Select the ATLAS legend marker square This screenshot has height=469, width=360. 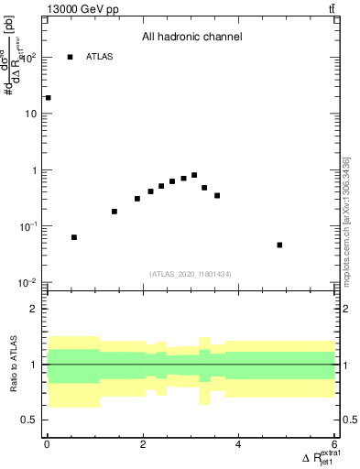coord(70,58)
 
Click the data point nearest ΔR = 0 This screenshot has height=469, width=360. coord(48,98)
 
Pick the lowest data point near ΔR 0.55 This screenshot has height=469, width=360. coord(74,237)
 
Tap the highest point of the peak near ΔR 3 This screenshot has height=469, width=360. coord(194,175)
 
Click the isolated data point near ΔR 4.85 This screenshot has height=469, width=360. coord(279,245)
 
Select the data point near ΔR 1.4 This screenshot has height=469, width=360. coord(115,212)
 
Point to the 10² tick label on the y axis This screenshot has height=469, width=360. coord(29,58)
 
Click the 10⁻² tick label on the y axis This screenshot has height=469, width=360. coord(29,283)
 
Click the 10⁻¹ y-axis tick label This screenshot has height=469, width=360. coord(29,226)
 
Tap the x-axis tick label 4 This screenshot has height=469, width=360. coord(239,445)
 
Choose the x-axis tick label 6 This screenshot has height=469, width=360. coord(335,445)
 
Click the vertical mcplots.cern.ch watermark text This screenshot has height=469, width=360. coord(346,222)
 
